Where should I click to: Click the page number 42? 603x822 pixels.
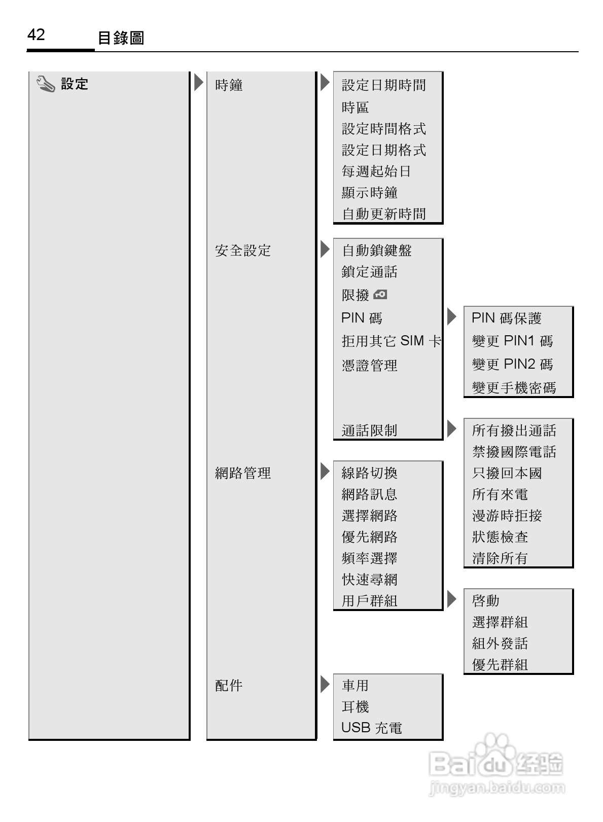point(36,35)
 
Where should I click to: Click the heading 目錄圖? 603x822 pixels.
point(121,38)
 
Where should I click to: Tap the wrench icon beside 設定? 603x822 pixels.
point(46,84)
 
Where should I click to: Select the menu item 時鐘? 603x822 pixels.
point(229,85)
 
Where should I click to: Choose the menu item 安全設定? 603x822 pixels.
point(243,251)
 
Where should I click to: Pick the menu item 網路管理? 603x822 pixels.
point(243,473)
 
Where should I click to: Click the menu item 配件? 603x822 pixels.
point(229,686)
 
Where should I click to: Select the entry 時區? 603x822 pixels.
point(355,108)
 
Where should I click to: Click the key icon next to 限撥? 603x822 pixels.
point(380,295)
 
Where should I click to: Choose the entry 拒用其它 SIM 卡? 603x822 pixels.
point(391,341)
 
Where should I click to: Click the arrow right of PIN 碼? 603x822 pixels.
point(451,317)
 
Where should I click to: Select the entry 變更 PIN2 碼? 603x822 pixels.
point(512,365)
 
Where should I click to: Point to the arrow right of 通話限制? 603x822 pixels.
point(451,429)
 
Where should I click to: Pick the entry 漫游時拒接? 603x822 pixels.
point(507,516)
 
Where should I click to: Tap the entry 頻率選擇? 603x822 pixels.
point(369,558)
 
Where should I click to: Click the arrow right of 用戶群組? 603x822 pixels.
point(451,599)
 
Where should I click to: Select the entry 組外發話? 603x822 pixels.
point(500,644)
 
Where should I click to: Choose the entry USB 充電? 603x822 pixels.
point(371,728)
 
